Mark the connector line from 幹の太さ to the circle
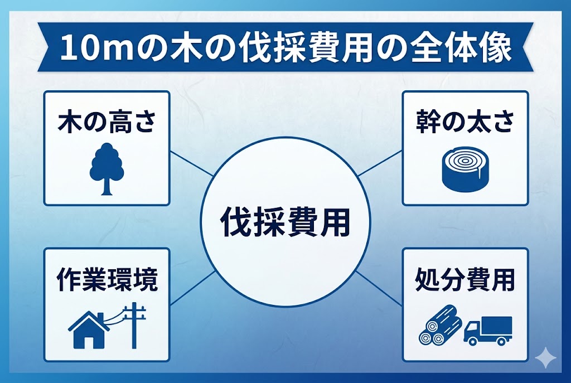point(380,164)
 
